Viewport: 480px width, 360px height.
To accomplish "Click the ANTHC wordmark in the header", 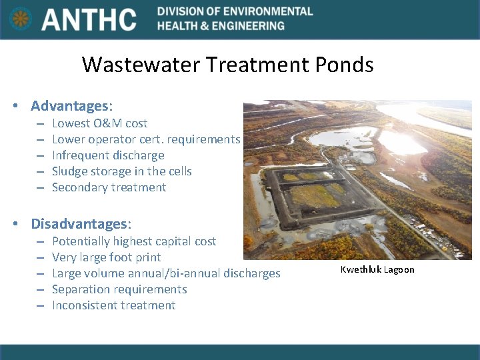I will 89,19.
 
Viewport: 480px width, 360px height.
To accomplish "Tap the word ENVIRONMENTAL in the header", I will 263,11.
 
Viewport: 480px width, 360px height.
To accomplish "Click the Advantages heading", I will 71,106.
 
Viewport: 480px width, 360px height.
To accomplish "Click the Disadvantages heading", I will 81,223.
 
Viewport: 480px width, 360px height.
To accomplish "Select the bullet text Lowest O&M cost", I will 99,123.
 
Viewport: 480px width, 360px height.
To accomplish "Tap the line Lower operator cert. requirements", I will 145,139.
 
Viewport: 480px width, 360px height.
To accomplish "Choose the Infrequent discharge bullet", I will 108,155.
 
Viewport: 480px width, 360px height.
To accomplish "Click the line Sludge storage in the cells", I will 121,171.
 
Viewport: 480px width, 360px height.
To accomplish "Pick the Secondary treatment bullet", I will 109,187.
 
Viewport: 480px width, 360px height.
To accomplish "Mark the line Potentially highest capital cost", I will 134,241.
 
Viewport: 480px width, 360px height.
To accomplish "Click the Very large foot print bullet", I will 106,257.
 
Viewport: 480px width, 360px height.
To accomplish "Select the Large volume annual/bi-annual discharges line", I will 166,273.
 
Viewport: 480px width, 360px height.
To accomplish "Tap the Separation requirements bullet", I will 119,289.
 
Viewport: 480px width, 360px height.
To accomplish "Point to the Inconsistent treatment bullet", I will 113,305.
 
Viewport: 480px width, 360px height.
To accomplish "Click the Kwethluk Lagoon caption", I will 377,269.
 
